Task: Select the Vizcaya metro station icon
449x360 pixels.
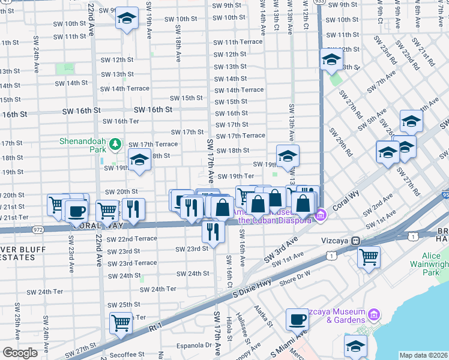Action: [355, 240]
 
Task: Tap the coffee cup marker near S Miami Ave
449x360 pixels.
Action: [297, 319]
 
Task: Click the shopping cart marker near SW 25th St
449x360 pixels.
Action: [121, 323]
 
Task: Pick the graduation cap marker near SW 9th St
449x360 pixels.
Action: [127, 18]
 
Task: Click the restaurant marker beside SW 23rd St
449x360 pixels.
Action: [213, 231]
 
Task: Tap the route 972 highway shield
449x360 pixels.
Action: [38, 229]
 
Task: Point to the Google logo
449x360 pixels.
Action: [20, 353]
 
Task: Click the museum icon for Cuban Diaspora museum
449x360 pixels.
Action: [321, 214]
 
